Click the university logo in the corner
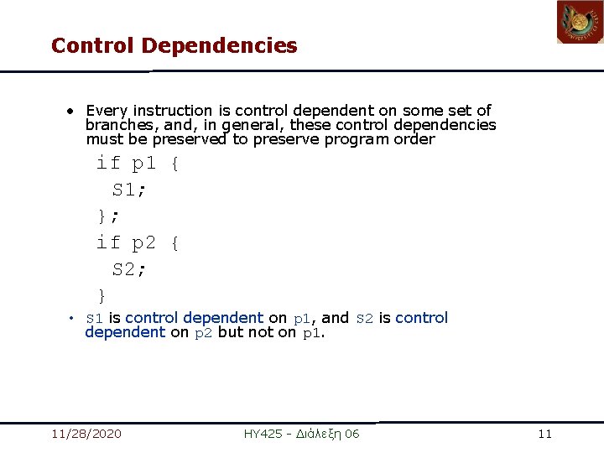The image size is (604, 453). tap(580, 23)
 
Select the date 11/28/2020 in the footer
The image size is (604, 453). tap(86, 434)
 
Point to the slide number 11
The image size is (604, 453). tap(544, 434)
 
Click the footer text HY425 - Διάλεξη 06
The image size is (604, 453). tap(301, 434)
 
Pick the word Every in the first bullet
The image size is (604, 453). tap(104, 111)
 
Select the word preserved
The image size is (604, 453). tap(191, 139)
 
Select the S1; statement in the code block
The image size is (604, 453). tap(129, 190)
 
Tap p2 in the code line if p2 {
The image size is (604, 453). tap(144, 243)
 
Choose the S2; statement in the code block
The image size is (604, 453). tap(129, 269)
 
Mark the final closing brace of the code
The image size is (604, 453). tap(102, 295)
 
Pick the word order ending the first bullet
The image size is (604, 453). tap(416, 139)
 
